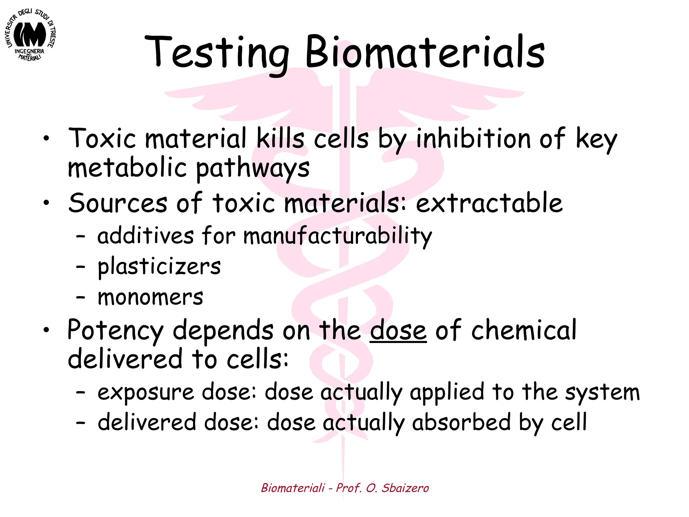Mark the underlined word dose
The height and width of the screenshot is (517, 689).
point(398,331)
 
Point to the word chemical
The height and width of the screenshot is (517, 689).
point(524,330)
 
